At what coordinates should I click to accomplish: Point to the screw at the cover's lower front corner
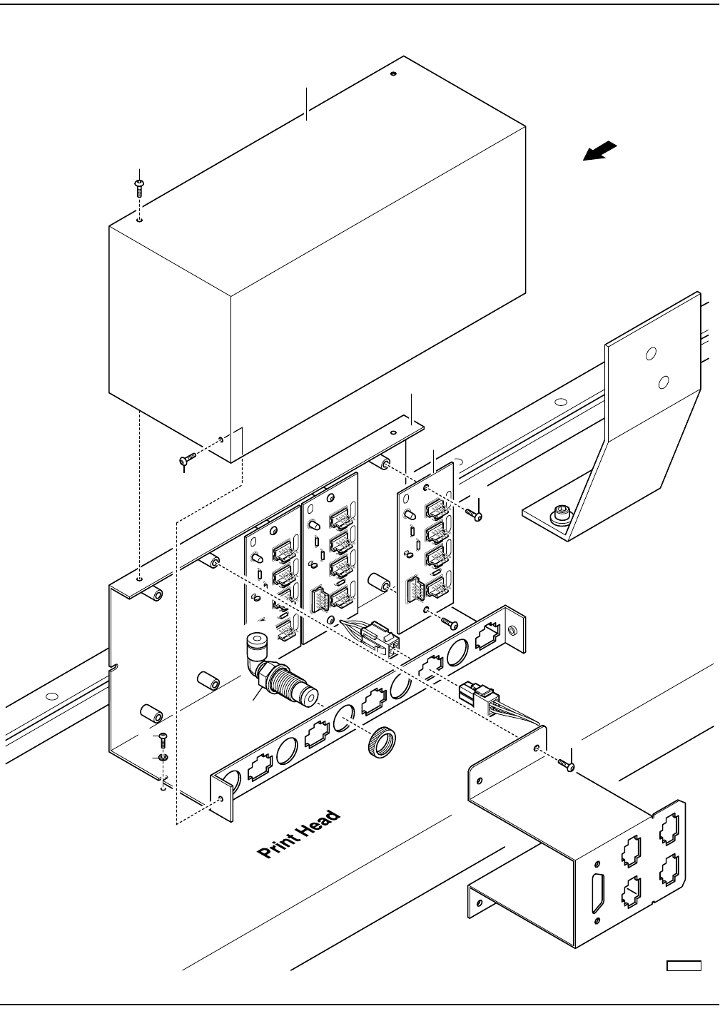click(188, 458)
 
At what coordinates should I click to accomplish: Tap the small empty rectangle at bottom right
click(684, 967)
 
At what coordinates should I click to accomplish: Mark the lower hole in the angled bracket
click(663, 383)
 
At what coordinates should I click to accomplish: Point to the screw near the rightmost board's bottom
click(450, 623)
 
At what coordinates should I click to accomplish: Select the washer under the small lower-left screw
click(162, 757)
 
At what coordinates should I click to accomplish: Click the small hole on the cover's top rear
click(393, 73)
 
